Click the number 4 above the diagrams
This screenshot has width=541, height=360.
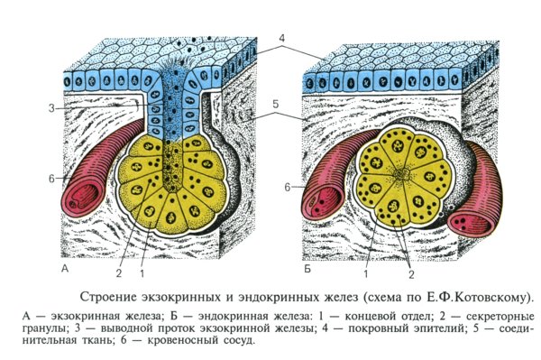[x=281, y=38]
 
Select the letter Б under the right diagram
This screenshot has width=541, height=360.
[x=309, y=269]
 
